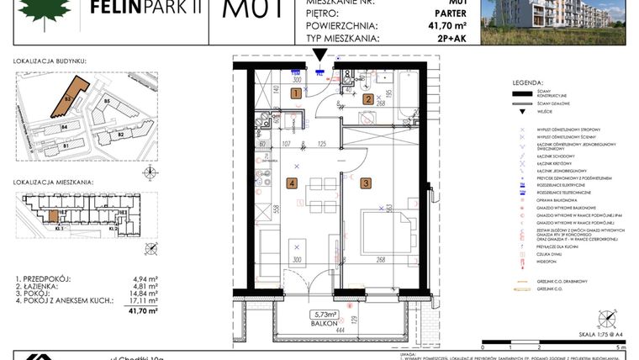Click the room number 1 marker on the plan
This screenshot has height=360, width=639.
click(296, 95)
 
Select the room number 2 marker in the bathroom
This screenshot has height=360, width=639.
click(368, 98)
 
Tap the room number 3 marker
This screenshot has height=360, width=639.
click(367, 183)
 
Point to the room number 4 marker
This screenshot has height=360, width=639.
click(292, 183)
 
